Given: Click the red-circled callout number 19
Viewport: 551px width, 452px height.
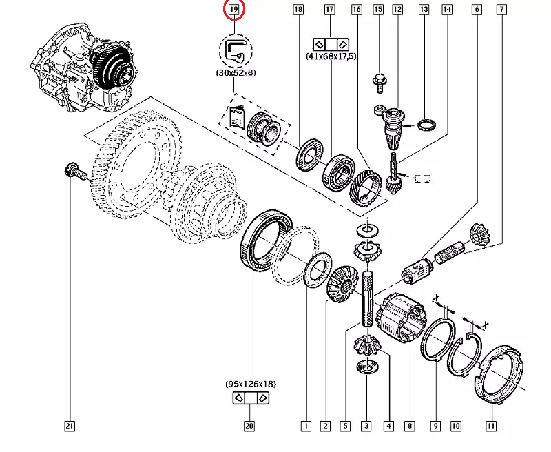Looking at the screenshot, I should (234, 10).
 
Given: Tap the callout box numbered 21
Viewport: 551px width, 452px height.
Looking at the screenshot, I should (69, 426).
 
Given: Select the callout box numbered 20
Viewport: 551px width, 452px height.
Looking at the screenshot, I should (249, 426).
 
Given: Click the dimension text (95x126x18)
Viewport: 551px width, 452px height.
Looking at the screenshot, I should (249, 384).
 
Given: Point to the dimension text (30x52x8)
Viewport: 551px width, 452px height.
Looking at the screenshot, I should (234, 72).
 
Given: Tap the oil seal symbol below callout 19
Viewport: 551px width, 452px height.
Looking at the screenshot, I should (234, 50).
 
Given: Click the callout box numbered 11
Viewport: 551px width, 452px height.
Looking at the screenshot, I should (490, 426).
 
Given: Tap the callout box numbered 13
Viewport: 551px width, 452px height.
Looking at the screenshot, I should (424, 10).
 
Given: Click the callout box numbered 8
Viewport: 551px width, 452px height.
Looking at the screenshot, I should (410, 426).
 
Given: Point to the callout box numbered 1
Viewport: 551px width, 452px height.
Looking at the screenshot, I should (305, 426).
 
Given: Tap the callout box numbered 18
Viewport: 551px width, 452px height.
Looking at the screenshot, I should (298, 10).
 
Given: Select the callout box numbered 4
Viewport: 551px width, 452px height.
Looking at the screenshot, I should (388, 426).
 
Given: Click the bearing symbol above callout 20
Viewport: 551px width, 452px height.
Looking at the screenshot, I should (249, 398).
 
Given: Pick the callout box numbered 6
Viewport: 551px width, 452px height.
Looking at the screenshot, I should (477, 10).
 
